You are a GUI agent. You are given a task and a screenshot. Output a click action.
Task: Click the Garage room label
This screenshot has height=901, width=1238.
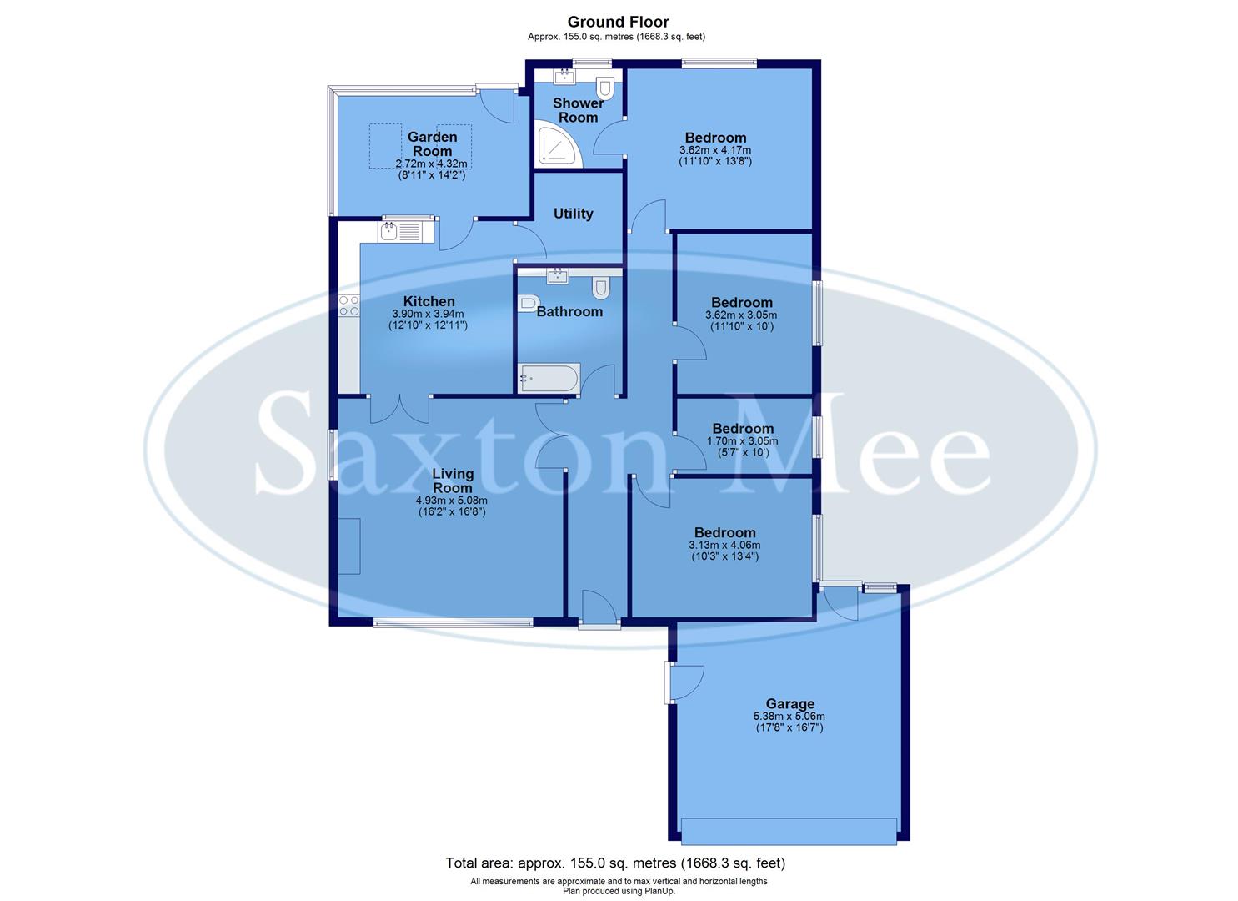point(789,704)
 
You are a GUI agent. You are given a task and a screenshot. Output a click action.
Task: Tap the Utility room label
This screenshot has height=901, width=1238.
point(574,214)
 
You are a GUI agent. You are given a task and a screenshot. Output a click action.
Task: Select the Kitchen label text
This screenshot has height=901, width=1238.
point(429,301)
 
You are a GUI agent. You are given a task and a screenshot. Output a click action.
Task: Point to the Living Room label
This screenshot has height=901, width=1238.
point(453,481)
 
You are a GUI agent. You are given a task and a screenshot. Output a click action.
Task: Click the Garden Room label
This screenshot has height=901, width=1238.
point(432,143)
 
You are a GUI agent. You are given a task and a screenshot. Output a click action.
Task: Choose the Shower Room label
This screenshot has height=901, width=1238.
point(579,110)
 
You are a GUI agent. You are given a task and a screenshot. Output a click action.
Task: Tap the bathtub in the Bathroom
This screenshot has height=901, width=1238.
point(548,379)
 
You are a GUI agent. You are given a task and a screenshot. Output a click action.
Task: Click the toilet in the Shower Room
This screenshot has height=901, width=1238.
point(605,88)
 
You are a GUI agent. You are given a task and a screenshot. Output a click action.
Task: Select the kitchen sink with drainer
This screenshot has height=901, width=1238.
point(401,231)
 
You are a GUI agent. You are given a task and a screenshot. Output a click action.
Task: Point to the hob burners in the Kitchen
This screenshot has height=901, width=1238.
point(349,306)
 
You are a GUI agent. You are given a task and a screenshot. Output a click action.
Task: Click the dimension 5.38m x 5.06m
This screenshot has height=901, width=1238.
point(789,716)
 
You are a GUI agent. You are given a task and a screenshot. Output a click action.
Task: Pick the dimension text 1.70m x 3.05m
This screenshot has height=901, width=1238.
point(743,441)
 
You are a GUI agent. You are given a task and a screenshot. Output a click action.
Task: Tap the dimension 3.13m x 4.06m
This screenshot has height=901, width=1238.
point(724,546)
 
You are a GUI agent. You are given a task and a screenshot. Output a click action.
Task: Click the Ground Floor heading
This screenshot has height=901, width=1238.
point(618,22)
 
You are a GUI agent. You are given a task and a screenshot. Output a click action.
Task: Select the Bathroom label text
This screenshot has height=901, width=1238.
point(569,312)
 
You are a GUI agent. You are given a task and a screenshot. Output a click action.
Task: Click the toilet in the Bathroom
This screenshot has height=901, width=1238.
point(600,288)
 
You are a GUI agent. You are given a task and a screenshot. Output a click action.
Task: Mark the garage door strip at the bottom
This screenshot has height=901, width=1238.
point(789,831)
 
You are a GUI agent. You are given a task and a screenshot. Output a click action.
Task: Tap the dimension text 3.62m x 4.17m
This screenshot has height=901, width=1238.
point(715,151)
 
